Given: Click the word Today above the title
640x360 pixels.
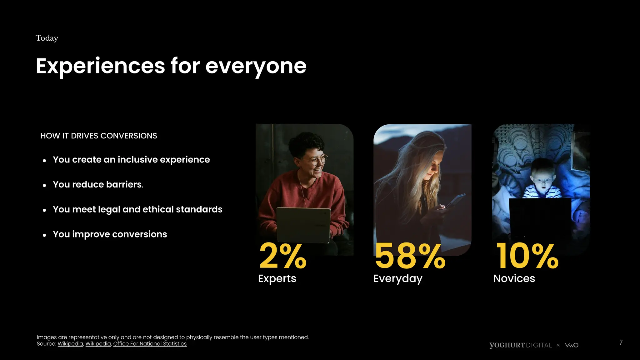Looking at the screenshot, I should [x=47, y=38].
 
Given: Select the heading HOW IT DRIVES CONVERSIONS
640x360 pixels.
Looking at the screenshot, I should [x=99, y=136].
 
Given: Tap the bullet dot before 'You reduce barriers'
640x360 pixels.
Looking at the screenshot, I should [x=44, y=185].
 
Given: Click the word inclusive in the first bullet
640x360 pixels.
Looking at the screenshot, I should [x=137, y=160].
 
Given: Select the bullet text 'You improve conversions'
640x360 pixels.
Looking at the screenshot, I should [x=110, y=234].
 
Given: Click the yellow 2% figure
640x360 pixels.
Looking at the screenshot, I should [x=283, y=256].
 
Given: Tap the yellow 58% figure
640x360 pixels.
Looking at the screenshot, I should [x=410, y=256].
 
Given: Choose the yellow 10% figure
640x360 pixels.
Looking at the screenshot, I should [x=527, y=256].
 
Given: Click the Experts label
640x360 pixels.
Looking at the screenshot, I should [x=277, y=278].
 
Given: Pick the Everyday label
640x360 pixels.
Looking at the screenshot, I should [x=398, y=278].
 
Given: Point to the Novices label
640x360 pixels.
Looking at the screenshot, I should [x=514, y=278].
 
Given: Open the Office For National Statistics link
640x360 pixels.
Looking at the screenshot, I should [x=150, y=344].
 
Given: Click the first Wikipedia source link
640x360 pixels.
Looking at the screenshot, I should [x=70, y=344].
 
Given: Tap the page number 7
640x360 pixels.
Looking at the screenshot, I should [x=621, y=342].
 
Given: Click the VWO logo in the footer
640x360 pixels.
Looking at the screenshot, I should [x=572, y=345].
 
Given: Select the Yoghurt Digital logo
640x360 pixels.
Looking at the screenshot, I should [x=521, y=345].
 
